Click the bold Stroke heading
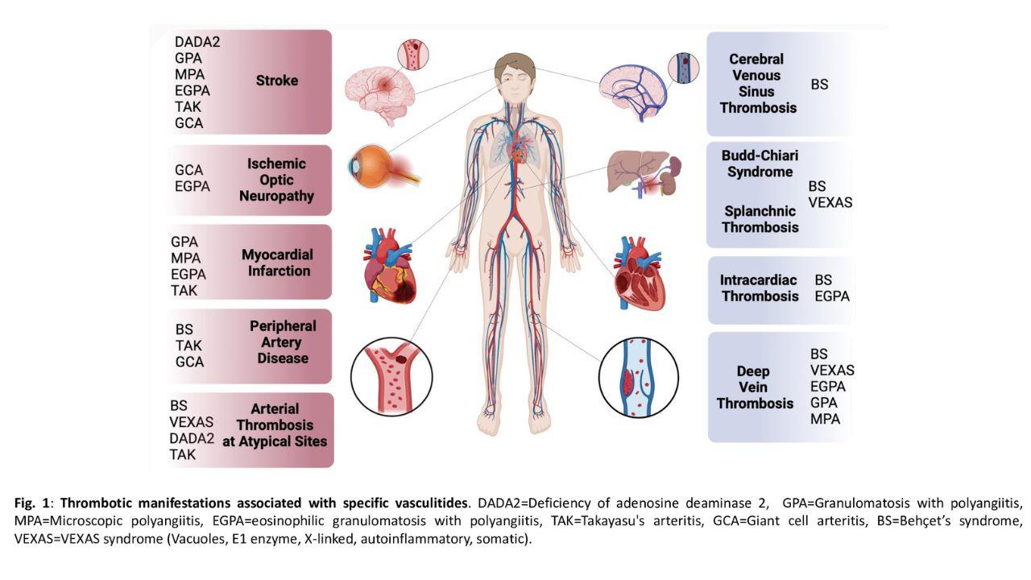click(x=277, y=81)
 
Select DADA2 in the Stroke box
click(x=197, y=42)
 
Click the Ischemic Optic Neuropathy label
click(x=276, y=180)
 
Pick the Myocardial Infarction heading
click(x=277, y=263)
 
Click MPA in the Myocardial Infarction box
click(x=185, y=258)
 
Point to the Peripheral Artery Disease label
click(x=283, y=342)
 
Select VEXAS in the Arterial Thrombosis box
click(x=191, y=421)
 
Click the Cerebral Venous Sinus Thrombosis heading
click(x=758, y=83)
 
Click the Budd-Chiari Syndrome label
click(x=760, y=164)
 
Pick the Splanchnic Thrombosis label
click(x=760, y=219)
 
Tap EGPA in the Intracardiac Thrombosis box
click(x=832, y=296)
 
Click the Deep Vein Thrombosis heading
click(x=755, y=387)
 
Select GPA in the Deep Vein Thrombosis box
click(x=823, y=402)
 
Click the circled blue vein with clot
click(x=639, y=378)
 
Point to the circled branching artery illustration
click(x=391, y=376)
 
